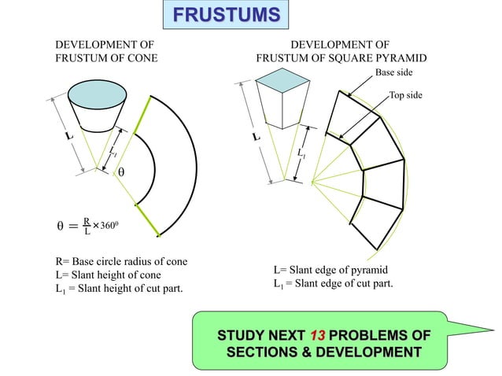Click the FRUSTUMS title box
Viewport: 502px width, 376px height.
point(226,16)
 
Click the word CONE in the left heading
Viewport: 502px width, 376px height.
point(142,58)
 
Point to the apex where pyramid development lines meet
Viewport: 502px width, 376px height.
point(312,183)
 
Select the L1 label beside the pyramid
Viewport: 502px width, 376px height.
point(301,152)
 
